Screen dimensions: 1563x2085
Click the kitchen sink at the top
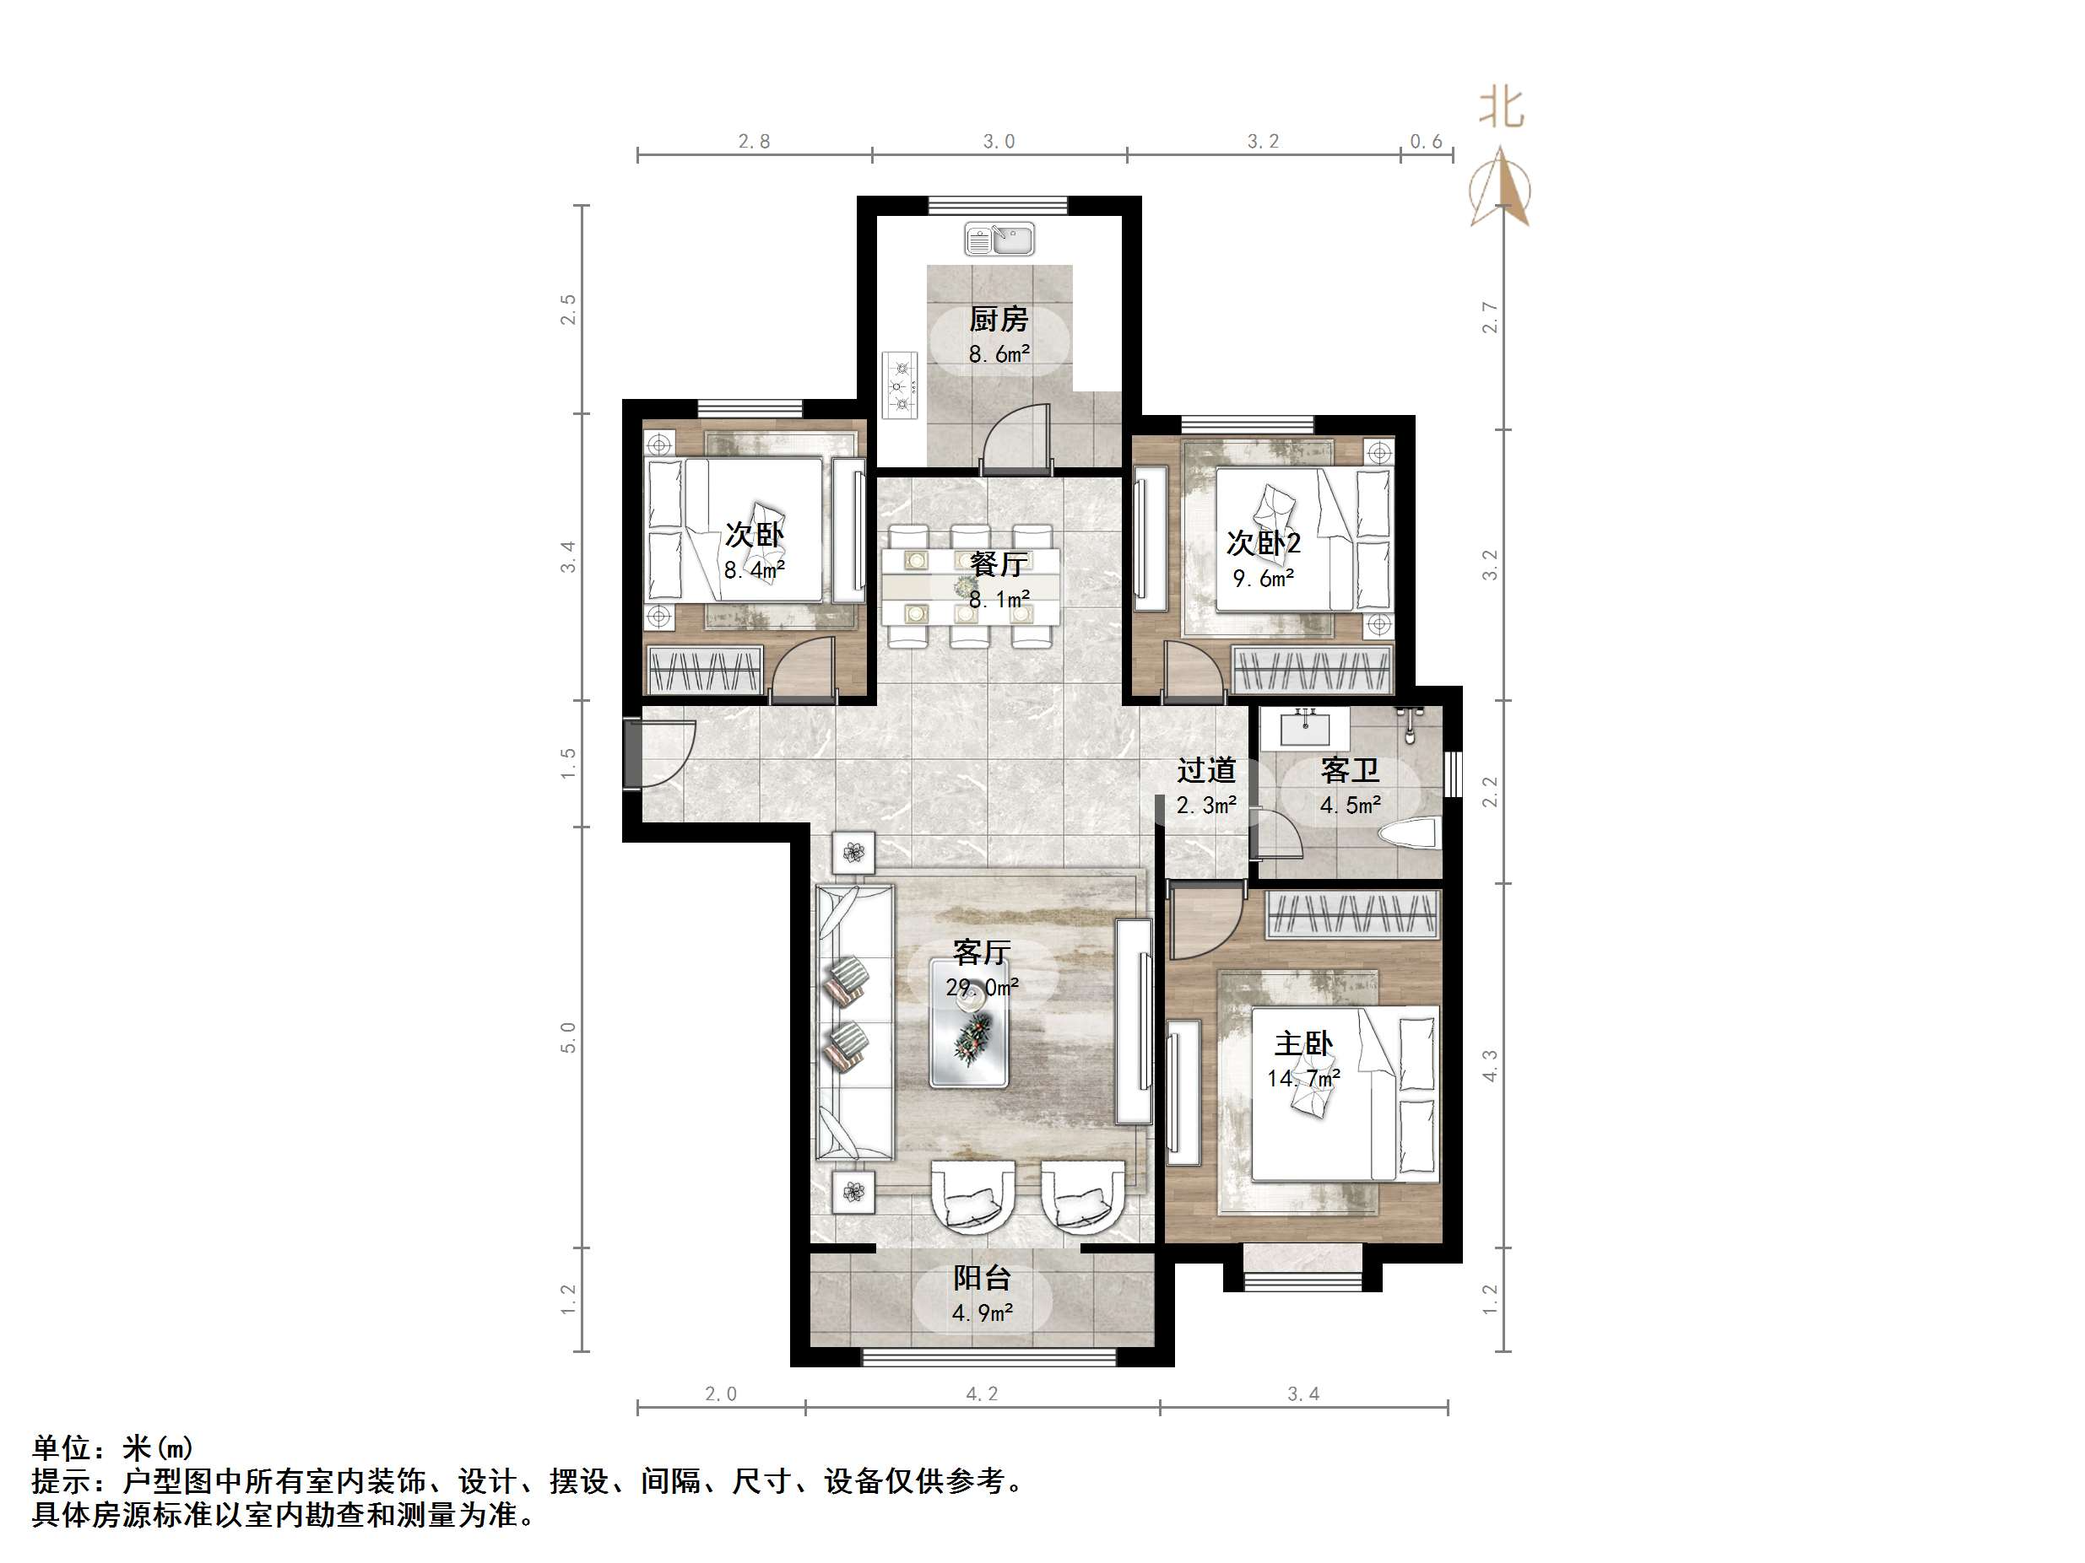click(999, 240)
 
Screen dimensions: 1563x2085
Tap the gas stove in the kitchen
click(900, 385)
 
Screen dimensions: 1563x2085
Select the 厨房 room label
click(999, 320)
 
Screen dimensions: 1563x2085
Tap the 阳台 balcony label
click(983, 1279)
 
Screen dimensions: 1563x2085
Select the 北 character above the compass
click(1501, 106)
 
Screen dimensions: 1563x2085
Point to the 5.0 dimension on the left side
click(568, 1038)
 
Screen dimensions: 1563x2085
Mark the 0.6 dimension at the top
click(1426, 142)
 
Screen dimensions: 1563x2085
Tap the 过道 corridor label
click(1206, 771)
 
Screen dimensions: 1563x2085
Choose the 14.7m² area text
click(1303, 1079)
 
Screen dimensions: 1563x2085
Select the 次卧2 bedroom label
click(1263, 543)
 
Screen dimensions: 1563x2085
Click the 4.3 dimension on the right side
click(1490, 1066)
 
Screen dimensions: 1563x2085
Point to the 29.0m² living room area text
click(983, 988)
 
